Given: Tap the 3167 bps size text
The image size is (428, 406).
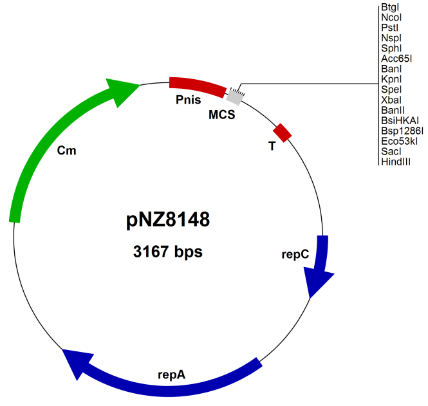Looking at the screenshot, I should [167, 251].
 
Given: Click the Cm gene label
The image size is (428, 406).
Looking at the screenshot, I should [66, 151].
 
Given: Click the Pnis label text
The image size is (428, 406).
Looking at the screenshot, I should [188, 100].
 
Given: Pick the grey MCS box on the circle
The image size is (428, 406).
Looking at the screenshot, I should [234, 97].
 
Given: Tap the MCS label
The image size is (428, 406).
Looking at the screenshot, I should [221, 115].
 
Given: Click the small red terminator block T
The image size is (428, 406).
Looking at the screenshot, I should [283, 132].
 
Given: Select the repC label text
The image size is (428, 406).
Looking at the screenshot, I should [295, 254].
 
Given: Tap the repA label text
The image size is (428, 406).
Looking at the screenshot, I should [171, 373].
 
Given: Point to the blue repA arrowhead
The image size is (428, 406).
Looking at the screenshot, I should [76, 360].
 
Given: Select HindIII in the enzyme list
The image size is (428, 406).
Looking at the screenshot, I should [396, 161].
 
